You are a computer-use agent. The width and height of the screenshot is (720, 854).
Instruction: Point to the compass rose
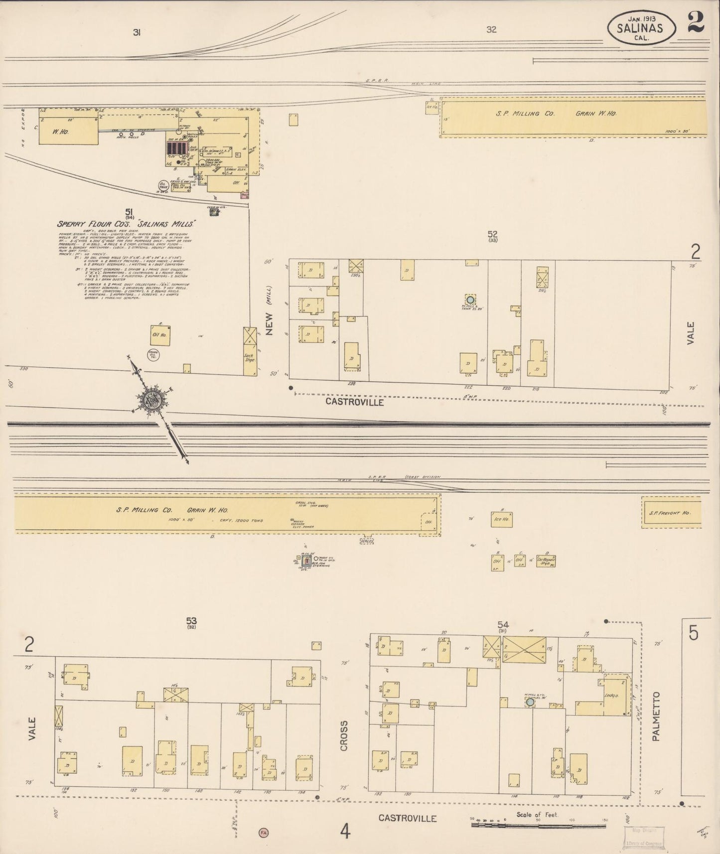point(149,399)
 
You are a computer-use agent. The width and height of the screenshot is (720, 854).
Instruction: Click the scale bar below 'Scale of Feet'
point(538,825)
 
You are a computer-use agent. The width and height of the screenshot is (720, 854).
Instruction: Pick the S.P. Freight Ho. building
point(671,512)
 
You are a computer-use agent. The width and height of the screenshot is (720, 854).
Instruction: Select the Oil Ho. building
point(160,335)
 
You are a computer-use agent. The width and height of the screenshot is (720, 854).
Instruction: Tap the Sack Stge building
point(249,351)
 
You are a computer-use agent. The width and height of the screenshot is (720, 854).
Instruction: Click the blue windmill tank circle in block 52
point(469,300)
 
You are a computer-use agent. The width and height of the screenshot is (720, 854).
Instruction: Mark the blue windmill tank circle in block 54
point(530,702)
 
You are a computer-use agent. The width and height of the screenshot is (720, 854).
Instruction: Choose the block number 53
point(191,621)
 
